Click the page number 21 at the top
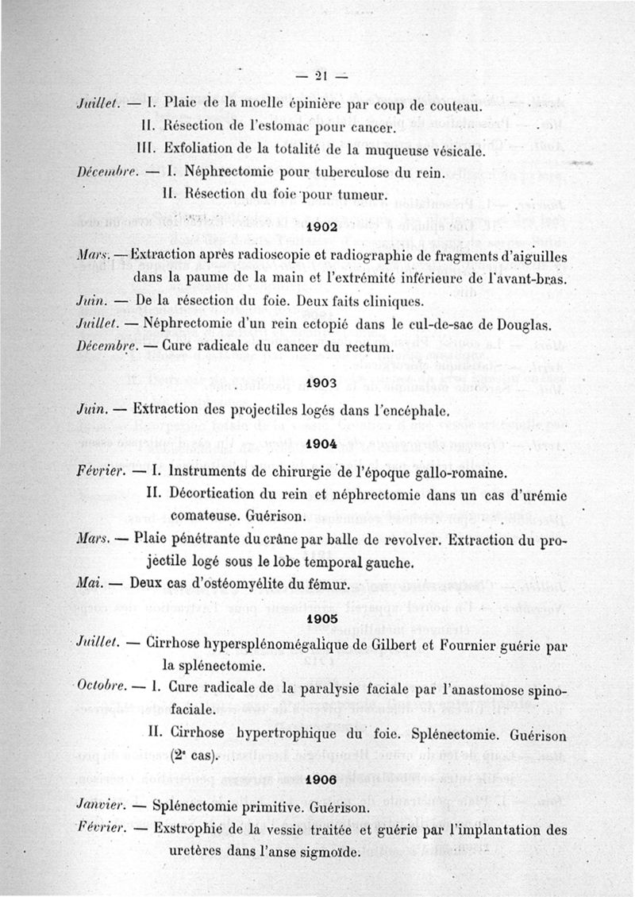pos(321,76)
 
